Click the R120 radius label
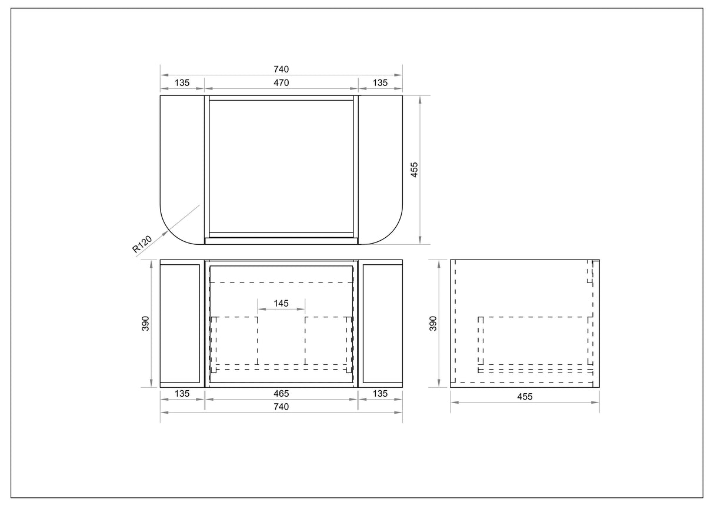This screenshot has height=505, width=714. pyautogui.click(x=142, y=244)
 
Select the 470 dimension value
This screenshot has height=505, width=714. pyautogui.click(x=281, y=82)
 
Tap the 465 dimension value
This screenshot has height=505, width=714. pyautogui.click(x=281, y=393)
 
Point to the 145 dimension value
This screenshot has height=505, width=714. pyautogui.click(x=281, y=303)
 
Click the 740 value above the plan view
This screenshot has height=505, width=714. pyautogui.click(x=281, y=69)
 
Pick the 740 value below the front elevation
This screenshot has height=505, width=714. pyautogui.click(x=281, y=407)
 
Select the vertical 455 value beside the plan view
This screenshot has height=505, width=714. pyautogui.click(x=414, y=170)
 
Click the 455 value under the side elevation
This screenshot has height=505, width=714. pyautogui.click(x=525, y=397)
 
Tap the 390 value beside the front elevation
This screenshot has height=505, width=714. pyautogui.click(x=145, y=324)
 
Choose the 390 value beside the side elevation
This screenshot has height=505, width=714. pyautogui.click(x=433, y=324)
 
